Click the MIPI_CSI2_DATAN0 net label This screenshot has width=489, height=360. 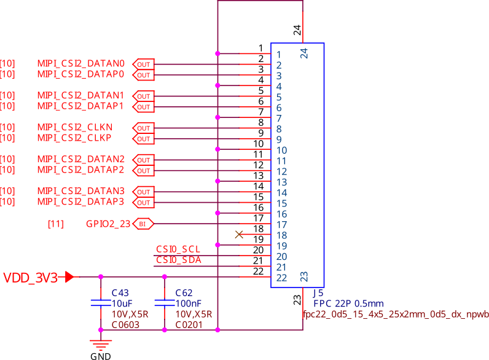pos(80,64)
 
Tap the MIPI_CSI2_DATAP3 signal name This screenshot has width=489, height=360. pos(80,202)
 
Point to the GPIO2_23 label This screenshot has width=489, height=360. pos(108,224)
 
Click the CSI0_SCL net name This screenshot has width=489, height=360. pos(178,249)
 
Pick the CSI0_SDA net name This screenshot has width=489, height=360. pos(178,260)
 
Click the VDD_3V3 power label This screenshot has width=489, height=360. pos(31,278)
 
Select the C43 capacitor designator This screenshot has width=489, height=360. pos(120,293)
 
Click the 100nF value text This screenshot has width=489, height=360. pos(188,303)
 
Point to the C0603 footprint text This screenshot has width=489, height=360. pos(125,325)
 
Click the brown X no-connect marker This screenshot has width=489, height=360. pos(240,234)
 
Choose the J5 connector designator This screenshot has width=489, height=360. pos(318,293)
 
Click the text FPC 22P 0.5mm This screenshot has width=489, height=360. pos(348,303)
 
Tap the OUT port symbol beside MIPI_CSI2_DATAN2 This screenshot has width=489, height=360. pos(143,160)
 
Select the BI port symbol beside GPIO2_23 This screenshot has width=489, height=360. pos(143,224)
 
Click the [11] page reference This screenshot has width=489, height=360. pos(55,224)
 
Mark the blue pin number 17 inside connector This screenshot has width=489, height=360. pos(281,225)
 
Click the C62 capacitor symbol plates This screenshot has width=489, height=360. pos(164,302)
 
